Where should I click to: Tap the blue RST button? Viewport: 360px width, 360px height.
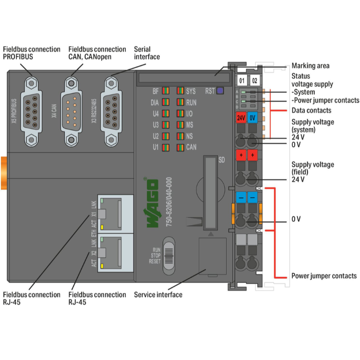220,90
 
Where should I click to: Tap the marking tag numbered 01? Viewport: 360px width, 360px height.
242,80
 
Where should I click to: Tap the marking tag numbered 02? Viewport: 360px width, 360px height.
255,80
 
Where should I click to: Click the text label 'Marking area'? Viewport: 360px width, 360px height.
311,66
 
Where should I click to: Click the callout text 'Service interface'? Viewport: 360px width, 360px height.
158,294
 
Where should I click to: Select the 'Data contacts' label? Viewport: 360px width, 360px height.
311,110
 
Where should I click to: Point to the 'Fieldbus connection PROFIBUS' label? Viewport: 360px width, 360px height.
32,53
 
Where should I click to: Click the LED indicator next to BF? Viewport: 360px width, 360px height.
165,91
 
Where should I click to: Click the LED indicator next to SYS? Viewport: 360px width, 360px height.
180,91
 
